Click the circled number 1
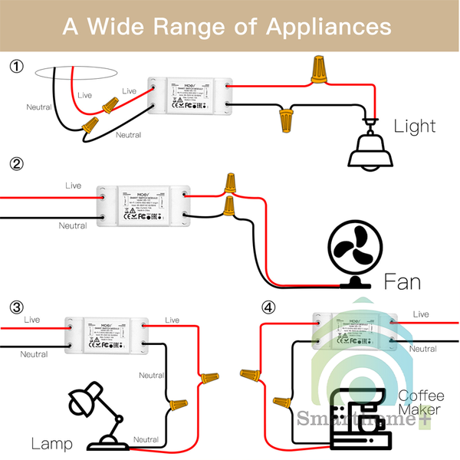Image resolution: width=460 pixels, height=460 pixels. click(17, 67)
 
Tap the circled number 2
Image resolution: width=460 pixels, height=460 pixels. click(17, 163)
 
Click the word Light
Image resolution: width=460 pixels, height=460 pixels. click(415, 127)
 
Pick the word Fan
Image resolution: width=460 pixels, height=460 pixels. click(402, 281)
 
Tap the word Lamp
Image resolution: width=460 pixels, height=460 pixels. click(51, 443)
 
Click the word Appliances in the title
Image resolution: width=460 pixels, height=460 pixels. click(329, 26)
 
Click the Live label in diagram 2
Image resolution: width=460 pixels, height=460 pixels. click(73, 186)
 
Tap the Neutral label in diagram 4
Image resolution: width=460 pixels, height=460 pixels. click(422, 348)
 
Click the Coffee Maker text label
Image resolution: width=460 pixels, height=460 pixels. click(419, 403)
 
